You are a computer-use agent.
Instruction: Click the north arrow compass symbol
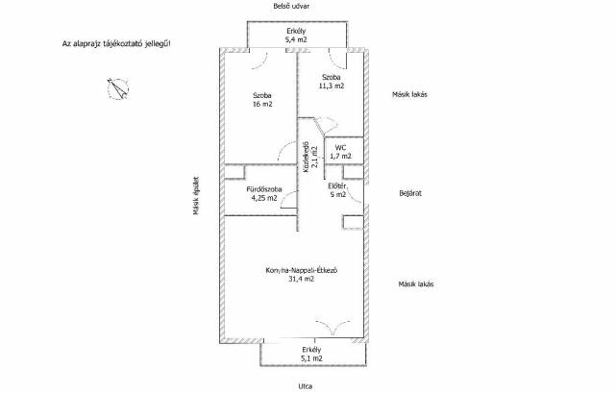coord(117,89)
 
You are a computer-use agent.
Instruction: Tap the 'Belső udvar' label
coord(291,6)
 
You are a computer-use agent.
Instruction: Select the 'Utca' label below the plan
coord(306,386)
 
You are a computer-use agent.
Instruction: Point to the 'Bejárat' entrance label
coord(410,193)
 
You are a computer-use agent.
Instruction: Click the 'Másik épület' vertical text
coord(196,196)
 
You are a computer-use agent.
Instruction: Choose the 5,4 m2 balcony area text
coord(296,39)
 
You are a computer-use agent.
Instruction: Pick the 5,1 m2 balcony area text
coord(311,357)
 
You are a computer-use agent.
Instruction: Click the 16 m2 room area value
coord(262,104)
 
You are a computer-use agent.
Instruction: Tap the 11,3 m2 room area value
coord(332,86)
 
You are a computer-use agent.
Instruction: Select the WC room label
coord(340,148)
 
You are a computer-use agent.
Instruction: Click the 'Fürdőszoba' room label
coord(264,189)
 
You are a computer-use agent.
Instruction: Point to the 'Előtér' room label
coord(337,185)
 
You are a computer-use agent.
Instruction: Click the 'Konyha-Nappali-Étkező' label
coord(302,270)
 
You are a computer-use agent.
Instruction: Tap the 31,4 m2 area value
coord(301,279)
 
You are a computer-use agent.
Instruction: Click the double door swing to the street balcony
coord(332,327)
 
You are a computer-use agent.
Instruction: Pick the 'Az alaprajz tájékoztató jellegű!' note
coord(116,43)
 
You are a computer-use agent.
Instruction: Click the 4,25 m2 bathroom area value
coord(264,198)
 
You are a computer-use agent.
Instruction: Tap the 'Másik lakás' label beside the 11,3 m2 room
coord(410,94)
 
